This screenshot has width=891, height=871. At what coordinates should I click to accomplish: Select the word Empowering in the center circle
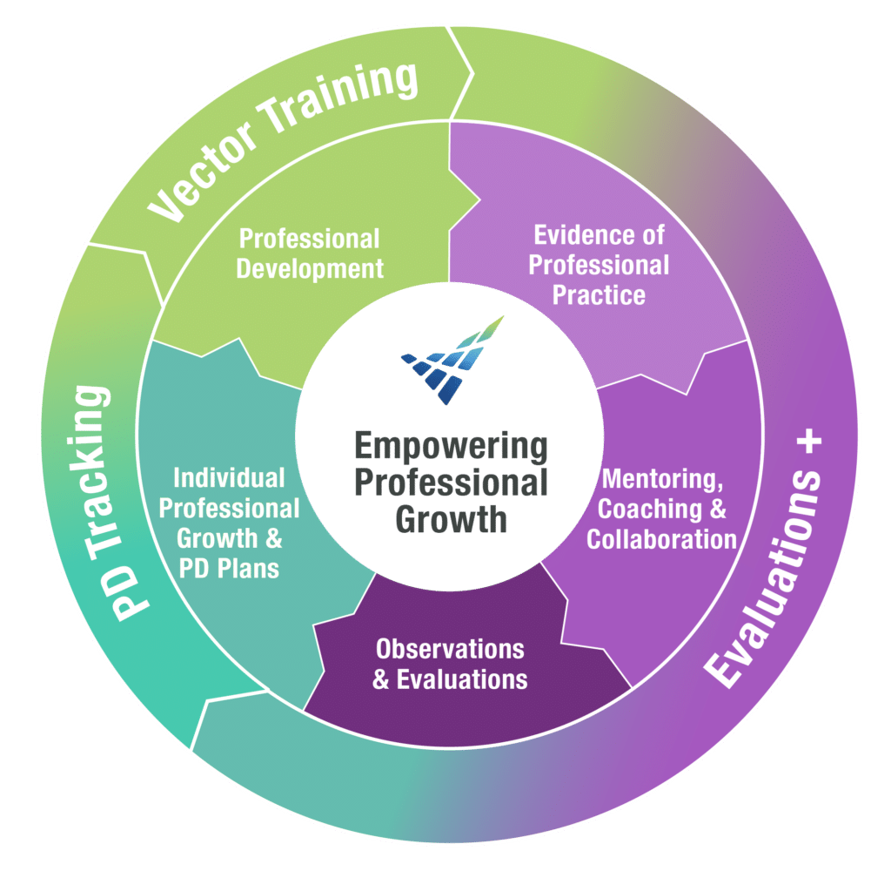pyautogui.click(x=451, y=449)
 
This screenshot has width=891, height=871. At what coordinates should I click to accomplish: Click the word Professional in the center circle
pyautogui.click(x=451, y=483)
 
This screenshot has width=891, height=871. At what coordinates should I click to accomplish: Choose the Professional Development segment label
pyautogui.click(x=310, y=253)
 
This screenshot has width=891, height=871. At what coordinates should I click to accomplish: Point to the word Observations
pyautogui.click(x=450, y=649)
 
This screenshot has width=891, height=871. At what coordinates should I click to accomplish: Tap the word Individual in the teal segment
pyautogui.click(x=229, y=478)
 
